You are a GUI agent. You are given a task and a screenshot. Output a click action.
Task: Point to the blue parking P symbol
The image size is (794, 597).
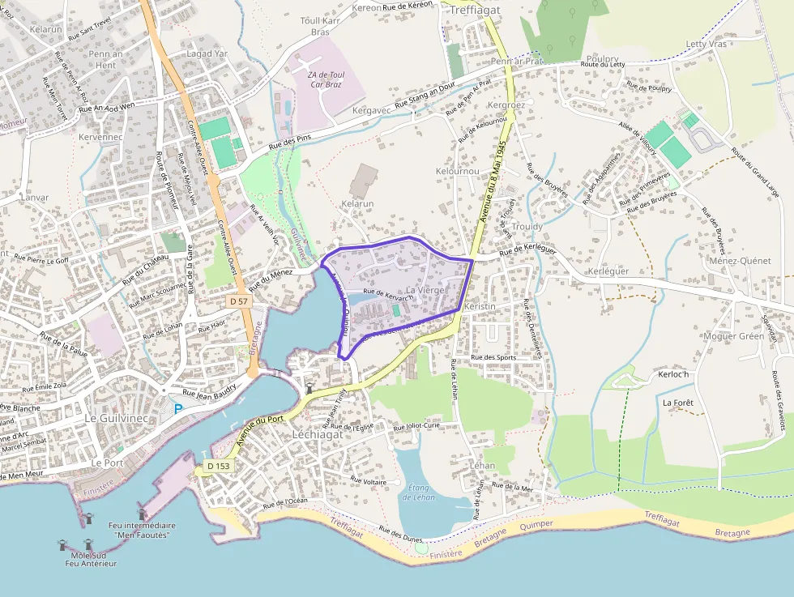pos(178,409)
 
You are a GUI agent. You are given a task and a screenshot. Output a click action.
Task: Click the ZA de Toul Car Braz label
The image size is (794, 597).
pos(326,79)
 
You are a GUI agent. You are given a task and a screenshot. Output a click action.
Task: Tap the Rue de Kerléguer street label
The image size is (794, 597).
pos(527,252)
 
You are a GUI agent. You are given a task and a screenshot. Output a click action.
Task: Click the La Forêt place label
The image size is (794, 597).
pos(678,402)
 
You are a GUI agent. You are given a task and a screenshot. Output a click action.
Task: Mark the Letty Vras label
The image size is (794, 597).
pos(706,45)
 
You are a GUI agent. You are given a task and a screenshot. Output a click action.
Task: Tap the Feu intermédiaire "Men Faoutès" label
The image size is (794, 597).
pos(142,530)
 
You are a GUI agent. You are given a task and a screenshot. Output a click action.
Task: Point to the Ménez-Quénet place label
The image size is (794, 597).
pos(739,261)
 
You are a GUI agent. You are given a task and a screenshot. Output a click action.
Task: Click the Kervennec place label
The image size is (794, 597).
pos(100,138)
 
